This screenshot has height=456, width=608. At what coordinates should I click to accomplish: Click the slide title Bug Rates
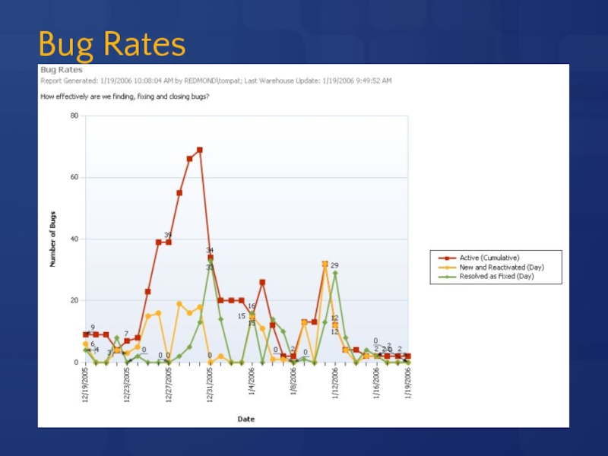point(112,46)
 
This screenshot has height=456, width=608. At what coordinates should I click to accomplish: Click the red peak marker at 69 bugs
point(200,150)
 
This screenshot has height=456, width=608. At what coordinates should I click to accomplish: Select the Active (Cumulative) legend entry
point(489,258)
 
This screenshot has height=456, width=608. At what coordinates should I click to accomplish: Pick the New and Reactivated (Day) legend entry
point(502,267)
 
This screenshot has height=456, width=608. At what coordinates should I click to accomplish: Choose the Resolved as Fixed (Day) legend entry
point(496,277)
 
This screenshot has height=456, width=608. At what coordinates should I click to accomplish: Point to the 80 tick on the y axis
point(74,116)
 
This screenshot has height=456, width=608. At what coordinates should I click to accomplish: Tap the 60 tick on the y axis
point(74,177)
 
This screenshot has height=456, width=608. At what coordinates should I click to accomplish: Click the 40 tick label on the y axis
point(74,239)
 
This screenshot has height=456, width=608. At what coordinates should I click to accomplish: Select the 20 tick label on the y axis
point(74,301)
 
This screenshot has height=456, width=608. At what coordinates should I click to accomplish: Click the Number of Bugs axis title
point(53,239)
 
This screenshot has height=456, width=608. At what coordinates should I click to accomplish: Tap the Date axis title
point(246,419)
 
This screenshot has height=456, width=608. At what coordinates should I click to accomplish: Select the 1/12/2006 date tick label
point(335,385)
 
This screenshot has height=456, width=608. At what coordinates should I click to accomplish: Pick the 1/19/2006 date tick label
point(408,385)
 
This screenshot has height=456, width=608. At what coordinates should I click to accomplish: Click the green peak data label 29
point(334,265)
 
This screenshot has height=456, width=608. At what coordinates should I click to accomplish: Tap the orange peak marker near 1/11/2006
point(325,264)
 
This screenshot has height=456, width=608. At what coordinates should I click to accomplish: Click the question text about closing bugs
point(125,97)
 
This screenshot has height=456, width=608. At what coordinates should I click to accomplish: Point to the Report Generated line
point(216,81)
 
